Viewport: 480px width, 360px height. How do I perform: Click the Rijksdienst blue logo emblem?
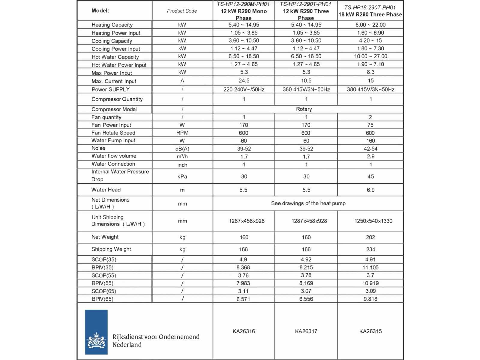[96, 332]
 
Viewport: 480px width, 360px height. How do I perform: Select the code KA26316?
[244, 331]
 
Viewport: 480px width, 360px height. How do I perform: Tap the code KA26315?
[370, 331]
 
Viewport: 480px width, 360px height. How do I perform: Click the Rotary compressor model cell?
[304, 109]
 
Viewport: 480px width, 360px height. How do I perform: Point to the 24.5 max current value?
[244, 81]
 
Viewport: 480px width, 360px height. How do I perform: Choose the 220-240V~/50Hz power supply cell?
[244, 89]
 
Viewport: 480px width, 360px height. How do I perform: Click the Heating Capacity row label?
[112, 25]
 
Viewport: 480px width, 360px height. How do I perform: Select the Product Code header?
[182, 11]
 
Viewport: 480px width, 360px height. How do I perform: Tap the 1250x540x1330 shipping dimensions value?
[373, 221]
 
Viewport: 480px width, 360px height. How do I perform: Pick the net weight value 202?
[370, 237]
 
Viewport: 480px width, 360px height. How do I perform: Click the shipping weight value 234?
[370, 249]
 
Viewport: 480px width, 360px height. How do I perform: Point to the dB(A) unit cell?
[182, 149]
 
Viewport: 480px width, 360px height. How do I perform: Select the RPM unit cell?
[182, 133]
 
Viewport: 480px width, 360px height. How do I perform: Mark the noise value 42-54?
[370, 149]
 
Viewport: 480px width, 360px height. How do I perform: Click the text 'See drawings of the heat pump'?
[308, 203]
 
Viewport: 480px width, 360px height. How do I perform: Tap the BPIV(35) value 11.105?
[370, 268]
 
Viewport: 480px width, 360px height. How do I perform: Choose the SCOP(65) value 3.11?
[243, 291]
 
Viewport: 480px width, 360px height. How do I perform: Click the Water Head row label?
[106, 190]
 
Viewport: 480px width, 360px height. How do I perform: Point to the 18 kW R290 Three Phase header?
[370, 14]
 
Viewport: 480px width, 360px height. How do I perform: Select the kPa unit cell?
[182, 177]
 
